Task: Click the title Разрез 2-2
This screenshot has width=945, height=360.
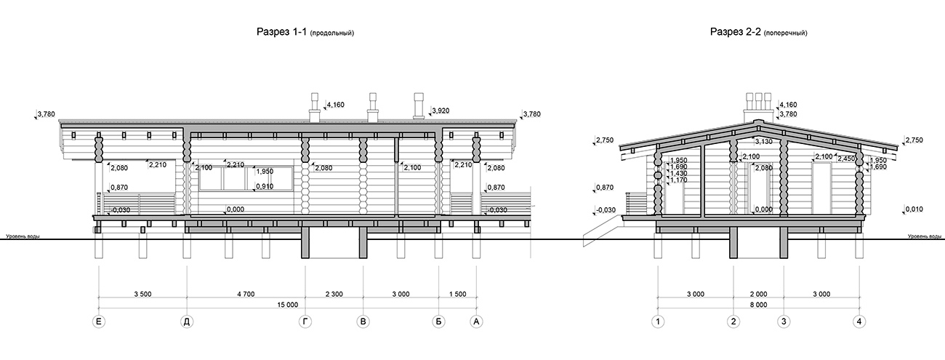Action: pos(736,32)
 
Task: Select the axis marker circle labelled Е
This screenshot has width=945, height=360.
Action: pos(99,322)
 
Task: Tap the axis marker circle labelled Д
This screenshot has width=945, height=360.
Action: pos(187,322)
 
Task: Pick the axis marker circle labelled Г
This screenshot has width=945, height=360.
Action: pos(305,322)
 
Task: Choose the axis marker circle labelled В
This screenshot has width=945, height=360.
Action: pos(363,322)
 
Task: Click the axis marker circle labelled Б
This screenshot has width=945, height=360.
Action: pos(439,322)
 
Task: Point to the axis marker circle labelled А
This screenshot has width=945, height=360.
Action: pos(476,322)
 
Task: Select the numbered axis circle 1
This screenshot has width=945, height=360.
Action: pos(658,322)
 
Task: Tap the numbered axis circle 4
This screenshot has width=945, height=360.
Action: pos(859,322)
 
